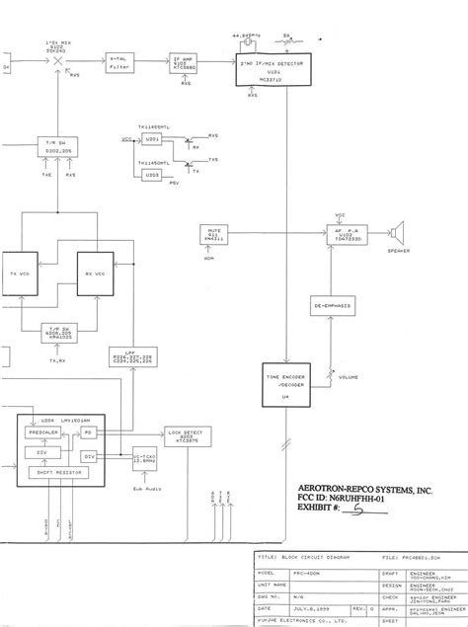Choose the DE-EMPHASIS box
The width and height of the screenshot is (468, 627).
(334, 306)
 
